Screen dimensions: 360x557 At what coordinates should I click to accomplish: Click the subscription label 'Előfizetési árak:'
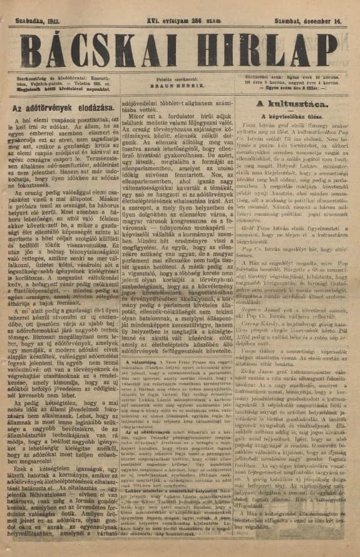pos(262,76)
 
